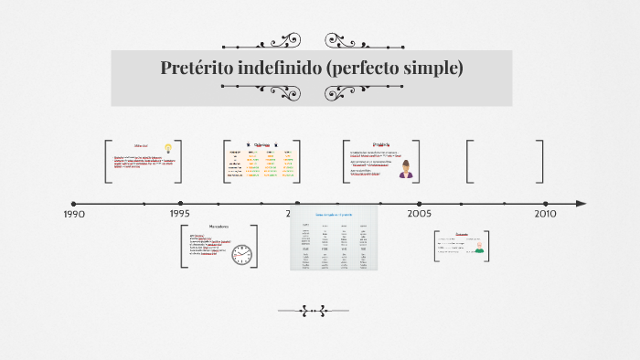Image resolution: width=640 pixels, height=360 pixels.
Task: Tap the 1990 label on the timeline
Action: tap(74, 214)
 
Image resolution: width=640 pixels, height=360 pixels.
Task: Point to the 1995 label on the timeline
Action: tap(180, 213)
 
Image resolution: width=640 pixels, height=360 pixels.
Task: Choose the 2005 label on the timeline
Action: tap(420, 213)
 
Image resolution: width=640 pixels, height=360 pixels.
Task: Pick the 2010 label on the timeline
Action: tap(545, 213)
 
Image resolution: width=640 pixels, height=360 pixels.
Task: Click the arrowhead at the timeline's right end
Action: tap(581, 204)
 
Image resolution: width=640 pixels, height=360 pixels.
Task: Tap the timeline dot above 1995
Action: tap(180, 204)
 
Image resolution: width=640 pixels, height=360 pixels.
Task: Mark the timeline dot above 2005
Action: tap(420, 204)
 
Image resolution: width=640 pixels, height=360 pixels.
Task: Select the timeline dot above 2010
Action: tap(545, 204)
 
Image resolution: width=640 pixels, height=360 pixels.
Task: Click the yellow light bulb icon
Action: tap(168, 148)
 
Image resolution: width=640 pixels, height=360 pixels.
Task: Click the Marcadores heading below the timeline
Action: tap(219, 226)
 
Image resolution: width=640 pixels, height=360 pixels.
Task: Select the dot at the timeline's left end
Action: tap(74, 204)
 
